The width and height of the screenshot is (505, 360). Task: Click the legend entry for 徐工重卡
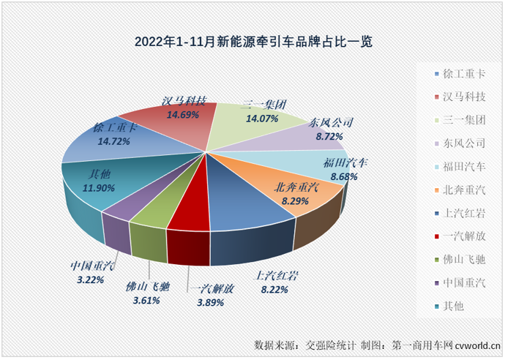(457, 75)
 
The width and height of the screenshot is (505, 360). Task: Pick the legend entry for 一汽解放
(457, 236)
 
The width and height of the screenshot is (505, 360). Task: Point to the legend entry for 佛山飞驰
(457, 260)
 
